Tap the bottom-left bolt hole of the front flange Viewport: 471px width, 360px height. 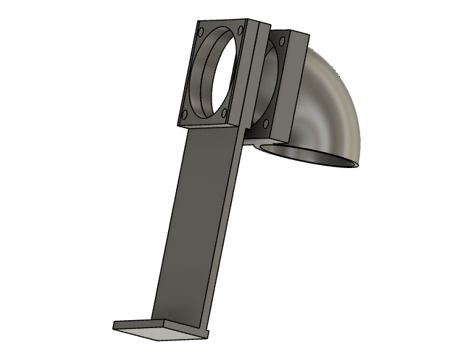(x=186, y=114)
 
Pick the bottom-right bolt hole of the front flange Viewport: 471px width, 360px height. (x=225, y=112)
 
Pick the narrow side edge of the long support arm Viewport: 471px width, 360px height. (x=226, y=232)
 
